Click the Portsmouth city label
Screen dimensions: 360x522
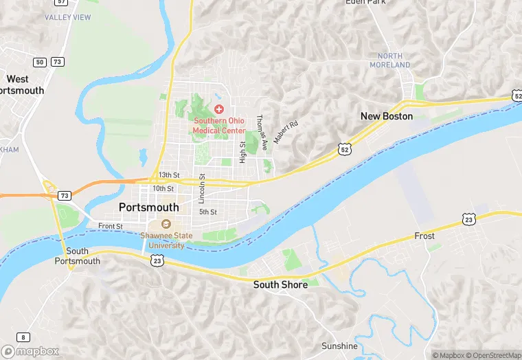[x=148, y=207]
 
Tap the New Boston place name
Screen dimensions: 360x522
[x=387, y=116]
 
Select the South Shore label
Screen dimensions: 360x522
[x=280, y=284]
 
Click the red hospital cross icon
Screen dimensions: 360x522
[x=219, y=109]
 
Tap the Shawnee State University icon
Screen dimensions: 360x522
[x=166, y=224]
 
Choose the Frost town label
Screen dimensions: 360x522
[x=424, y=236]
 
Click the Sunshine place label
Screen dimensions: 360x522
[x=339, y=346]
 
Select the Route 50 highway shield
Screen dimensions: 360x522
[x=40, y=62]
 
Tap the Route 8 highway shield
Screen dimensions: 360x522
[x=24, y=337]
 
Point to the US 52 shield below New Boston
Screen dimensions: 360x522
[x=344, y=148]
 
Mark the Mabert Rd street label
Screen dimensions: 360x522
[x=286, y=132]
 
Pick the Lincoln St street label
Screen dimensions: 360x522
[x=202, y=188]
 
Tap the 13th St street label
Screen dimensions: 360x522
[x=168, y=175]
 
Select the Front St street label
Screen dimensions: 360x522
[x=110, y=226]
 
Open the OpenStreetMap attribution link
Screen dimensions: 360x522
[x=492, y=355]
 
